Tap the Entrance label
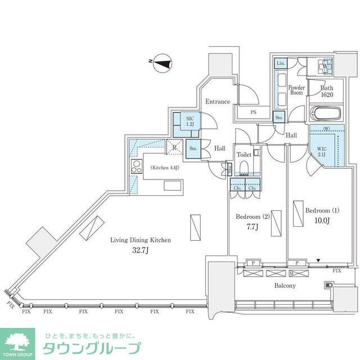[217, 102]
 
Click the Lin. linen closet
[281, 64]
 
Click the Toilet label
[244, 154]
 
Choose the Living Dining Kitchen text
[140, 240]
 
